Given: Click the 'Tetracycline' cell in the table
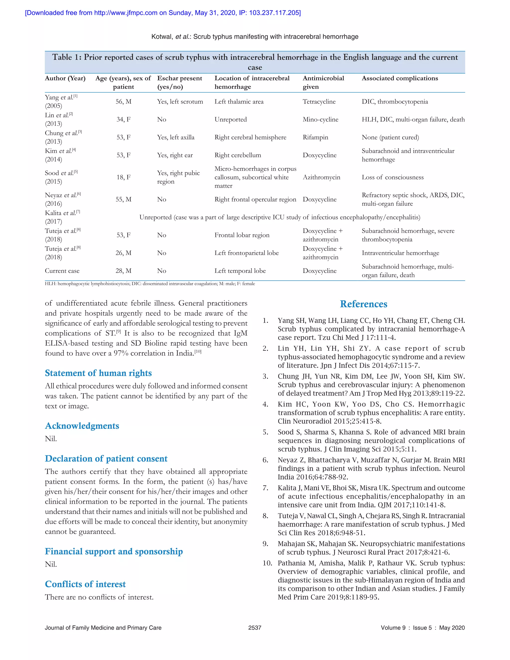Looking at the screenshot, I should (x=319, y=102).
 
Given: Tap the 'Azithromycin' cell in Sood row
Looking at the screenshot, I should (x=321, y=177).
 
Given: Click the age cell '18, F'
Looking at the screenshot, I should (x=123, y=177).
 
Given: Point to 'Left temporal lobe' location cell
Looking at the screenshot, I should (x=240, y=271).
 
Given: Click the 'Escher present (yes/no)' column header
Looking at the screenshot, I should (x=180, y=82).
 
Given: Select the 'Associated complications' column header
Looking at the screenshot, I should (x=399, y=78).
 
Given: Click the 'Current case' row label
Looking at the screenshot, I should (x=62, y=271).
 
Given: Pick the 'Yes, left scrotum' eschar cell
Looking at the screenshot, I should (x=180, y=102).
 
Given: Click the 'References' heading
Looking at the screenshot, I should (x=364, y=304).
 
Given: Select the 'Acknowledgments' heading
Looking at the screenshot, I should (x=82, y=426).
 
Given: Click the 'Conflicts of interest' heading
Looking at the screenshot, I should (x=85, y=584).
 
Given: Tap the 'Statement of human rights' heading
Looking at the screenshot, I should (x=98, y=373).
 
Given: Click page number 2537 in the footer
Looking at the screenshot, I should (x=255, y=628).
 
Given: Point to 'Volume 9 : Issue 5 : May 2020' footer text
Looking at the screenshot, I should (x=422, y=628).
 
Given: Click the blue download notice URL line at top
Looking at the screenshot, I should (x=163, y=13).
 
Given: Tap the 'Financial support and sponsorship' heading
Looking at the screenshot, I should (x=114, y=551).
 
